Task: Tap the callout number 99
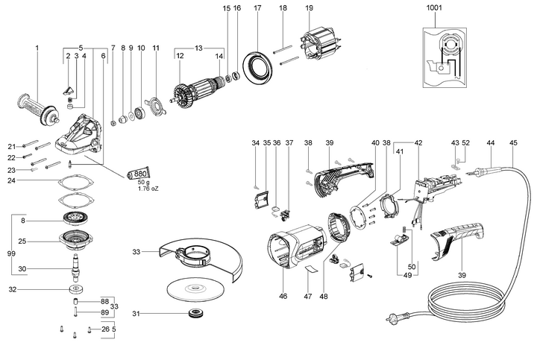(10, 254)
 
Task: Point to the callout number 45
(512, 142)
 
